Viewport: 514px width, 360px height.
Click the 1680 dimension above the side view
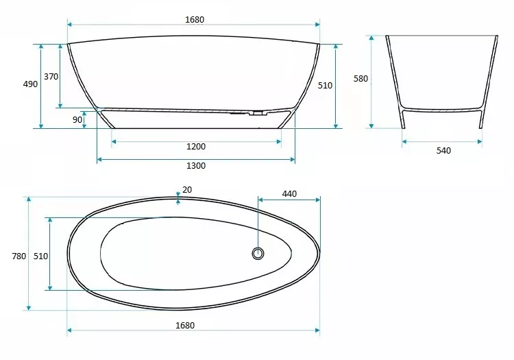(195, 20)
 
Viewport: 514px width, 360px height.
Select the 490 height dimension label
(30, 84)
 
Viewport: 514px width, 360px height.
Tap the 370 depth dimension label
(51, 77)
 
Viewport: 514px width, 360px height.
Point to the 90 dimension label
(77, 120)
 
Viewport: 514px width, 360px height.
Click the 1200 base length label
(196, 147)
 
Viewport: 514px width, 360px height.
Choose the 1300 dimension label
(196, 166)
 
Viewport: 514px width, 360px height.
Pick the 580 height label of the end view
(360, 79)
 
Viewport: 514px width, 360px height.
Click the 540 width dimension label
(443, 151)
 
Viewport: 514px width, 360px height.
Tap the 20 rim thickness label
(187, 190)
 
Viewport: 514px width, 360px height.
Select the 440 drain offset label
(289, 194)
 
